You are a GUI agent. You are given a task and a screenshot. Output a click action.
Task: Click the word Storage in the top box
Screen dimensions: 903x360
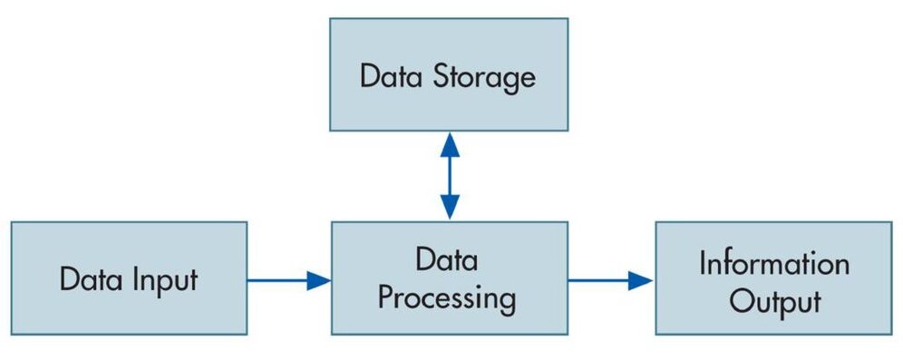coord(484,79)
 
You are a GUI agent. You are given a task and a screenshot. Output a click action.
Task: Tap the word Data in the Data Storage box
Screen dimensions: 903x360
coord(393,76)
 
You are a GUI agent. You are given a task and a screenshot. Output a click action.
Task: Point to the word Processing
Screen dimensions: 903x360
coord(446,301)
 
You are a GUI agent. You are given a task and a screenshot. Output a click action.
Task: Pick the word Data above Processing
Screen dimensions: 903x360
coord(447,260)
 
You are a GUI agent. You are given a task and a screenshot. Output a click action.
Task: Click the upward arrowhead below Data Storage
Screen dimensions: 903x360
coord(450,145)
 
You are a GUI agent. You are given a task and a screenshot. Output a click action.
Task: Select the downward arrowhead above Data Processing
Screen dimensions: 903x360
coord(450,207)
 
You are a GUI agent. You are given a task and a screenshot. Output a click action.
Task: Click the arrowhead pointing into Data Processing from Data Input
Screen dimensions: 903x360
coord(318,280)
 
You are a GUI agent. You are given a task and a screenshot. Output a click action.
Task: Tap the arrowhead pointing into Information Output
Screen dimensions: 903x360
coord(640,280)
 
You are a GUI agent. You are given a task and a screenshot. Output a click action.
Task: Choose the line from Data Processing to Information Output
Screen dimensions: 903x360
coord(610,280)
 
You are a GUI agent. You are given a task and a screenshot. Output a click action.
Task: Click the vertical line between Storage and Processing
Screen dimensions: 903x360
coord(450,176)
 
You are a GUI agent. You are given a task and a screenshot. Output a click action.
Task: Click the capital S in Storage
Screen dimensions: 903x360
coord(442,77)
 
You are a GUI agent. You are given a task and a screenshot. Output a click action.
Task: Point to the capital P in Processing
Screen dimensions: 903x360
coord(387,298)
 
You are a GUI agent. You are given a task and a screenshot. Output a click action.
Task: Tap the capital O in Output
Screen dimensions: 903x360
coord(749,301)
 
